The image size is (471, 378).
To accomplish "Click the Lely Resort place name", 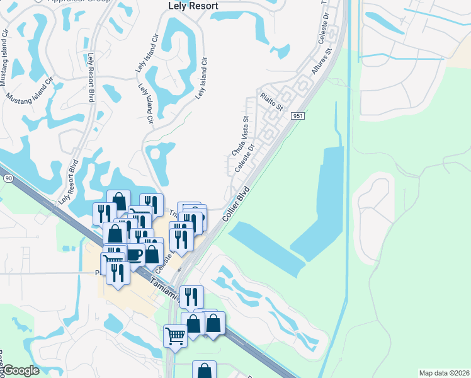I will pos(193,6).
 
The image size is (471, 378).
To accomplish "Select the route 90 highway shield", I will pos(8,179).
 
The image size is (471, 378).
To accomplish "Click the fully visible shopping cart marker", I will pos(175,335).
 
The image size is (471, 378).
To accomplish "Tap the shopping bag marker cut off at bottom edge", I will pos(204,370).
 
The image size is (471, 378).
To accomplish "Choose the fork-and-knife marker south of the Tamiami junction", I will pos(191,296).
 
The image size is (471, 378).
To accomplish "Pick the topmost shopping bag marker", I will pos(118,201).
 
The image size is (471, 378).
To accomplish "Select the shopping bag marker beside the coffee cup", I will pos(152,253).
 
